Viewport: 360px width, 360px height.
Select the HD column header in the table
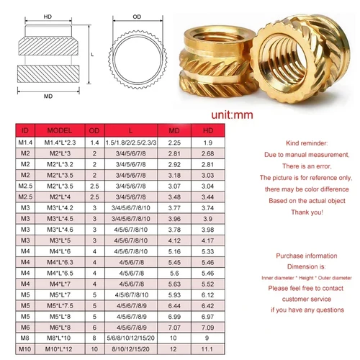click(x=209, y=130)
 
